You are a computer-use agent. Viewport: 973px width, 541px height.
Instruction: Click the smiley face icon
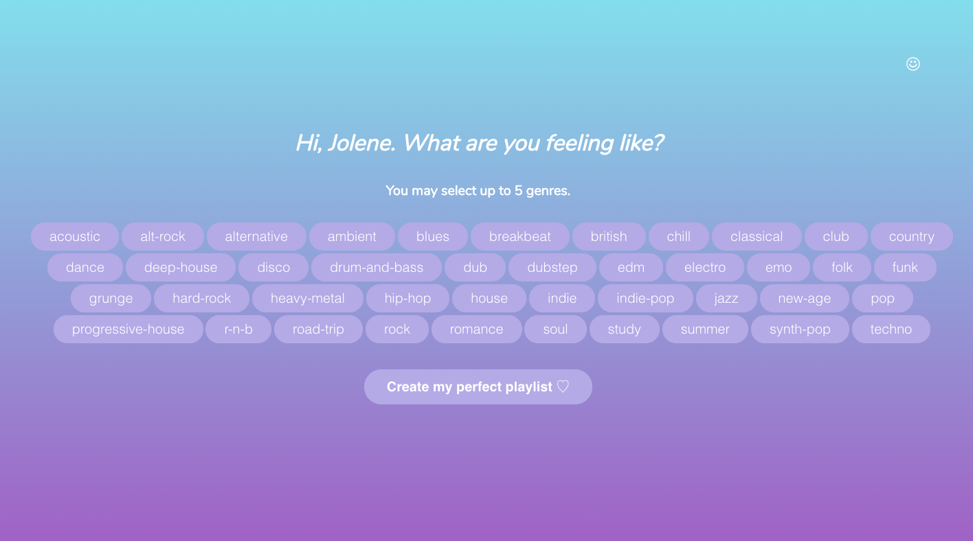(x=913, y=64)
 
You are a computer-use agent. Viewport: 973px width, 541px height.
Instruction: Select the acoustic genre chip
(x=75, y=236)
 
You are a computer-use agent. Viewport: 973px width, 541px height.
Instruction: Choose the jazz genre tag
(x=726, y=298)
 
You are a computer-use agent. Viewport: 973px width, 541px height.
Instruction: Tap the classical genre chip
(x=756, y=236)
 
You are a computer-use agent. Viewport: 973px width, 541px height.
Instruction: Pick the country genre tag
(x=911, y=236)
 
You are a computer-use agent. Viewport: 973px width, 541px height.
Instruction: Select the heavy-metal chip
(x=307, y=298)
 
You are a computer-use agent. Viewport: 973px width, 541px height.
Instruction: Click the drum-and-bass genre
(x=376, y=267)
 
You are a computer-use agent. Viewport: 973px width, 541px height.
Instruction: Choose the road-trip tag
(x=318, y=329)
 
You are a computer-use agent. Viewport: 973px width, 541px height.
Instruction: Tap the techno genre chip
(x=891, y=329)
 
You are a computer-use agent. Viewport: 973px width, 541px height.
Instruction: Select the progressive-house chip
(x=128, y=329)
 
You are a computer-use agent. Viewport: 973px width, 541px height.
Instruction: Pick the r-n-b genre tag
(x=238, y=329)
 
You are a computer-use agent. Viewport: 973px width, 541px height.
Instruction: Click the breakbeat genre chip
(x=519, y=236)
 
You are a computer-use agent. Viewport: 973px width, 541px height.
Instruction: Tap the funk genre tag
(x=905, y=267)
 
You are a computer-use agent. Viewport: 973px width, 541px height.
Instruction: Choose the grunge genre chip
(x=111, y=298)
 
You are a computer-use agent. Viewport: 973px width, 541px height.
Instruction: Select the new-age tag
(x=804, y=298)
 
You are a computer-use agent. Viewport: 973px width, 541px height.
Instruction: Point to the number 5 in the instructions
(x=518, y=190)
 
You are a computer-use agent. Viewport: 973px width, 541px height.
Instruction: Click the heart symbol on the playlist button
(x=563, y=387)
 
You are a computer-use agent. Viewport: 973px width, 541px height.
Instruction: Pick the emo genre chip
(x=779, y=267)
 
